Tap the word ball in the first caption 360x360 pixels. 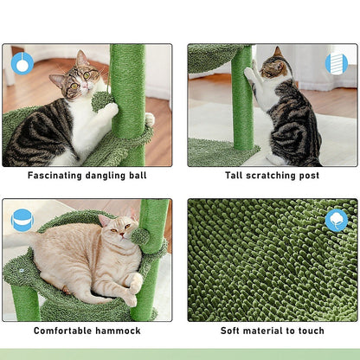pyautogui.click(x=135, y=176)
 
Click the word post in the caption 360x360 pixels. pyautogui.click(x=308, y=176)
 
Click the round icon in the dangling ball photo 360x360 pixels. pyautogui.click(x=22, y=62)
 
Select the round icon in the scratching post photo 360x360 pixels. pyautogui.click(x=335, y=63)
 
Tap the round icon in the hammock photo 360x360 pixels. pyautogui.click(x=22, y=220)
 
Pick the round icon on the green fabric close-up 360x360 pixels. pyautogui.click(x=336, y=220)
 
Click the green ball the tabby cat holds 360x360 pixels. pyautogui.click(x=103, y=100)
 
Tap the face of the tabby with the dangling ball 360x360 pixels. pyautogui.click(x=80, y=78)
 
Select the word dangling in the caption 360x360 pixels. pyautogui.click(x=103, y=176)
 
